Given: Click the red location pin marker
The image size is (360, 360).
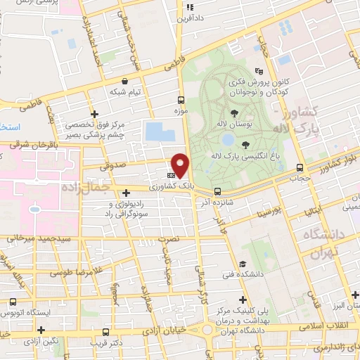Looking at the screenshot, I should click(x=181, y=165).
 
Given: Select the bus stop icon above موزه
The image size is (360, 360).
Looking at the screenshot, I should click(x=181, y=100).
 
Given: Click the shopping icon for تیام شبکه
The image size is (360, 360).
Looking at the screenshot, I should click(x=125, y=81).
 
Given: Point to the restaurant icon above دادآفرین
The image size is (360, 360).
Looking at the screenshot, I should click(x=189, y=8).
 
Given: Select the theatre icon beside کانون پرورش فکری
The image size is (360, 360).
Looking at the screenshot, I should click(x=259, y=70).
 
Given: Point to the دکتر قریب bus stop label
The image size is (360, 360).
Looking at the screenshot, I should click(x=106, y=343).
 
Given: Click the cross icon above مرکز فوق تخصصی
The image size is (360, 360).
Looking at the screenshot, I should click(x=95, y=113).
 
